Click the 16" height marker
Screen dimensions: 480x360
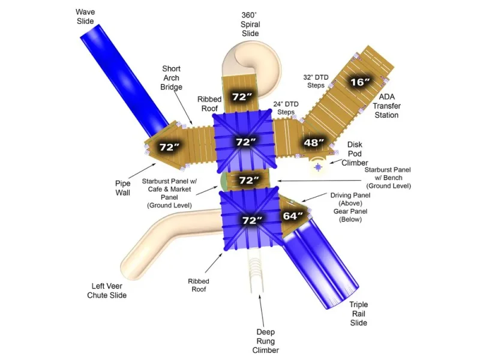360,82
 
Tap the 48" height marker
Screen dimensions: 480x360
313,142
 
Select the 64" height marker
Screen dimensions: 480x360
293,216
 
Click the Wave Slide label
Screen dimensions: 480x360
85,17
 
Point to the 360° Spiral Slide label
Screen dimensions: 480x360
250,24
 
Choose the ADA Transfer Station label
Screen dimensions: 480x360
386,106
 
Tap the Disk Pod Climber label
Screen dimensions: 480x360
355,154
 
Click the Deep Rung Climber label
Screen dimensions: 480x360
265,341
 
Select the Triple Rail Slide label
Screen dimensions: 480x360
358,313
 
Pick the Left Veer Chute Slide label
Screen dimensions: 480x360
107,290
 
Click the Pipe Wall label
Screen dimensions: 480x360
123,188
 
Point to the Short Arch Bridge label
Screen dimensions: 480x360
171,78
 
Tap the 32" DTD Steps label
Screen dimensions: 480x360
316,81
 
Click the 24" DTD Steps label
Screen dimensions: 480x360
286,108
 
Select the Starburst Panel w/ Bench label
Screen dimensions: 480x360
388,178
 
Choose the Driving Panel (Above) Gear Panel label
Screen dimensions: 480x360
350,207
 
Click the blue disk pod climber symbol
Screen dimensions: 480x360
319,167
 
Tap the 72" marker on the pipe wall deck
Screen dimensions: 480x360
169,147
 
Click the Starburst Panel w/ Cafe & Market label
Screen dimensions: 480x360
169,193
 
